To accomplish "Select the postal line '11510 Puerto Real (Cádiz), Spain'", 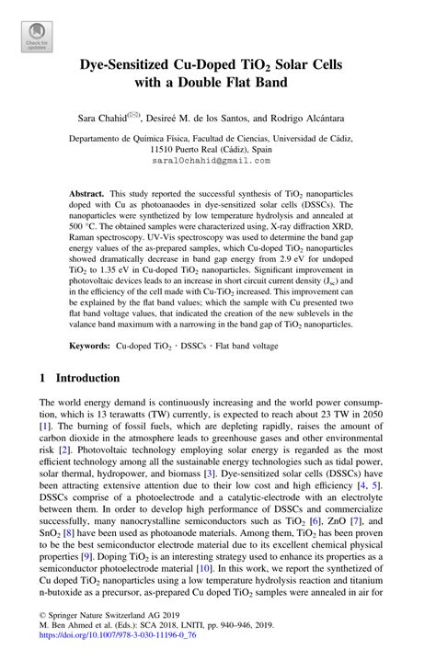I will [x=217, y=148].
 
